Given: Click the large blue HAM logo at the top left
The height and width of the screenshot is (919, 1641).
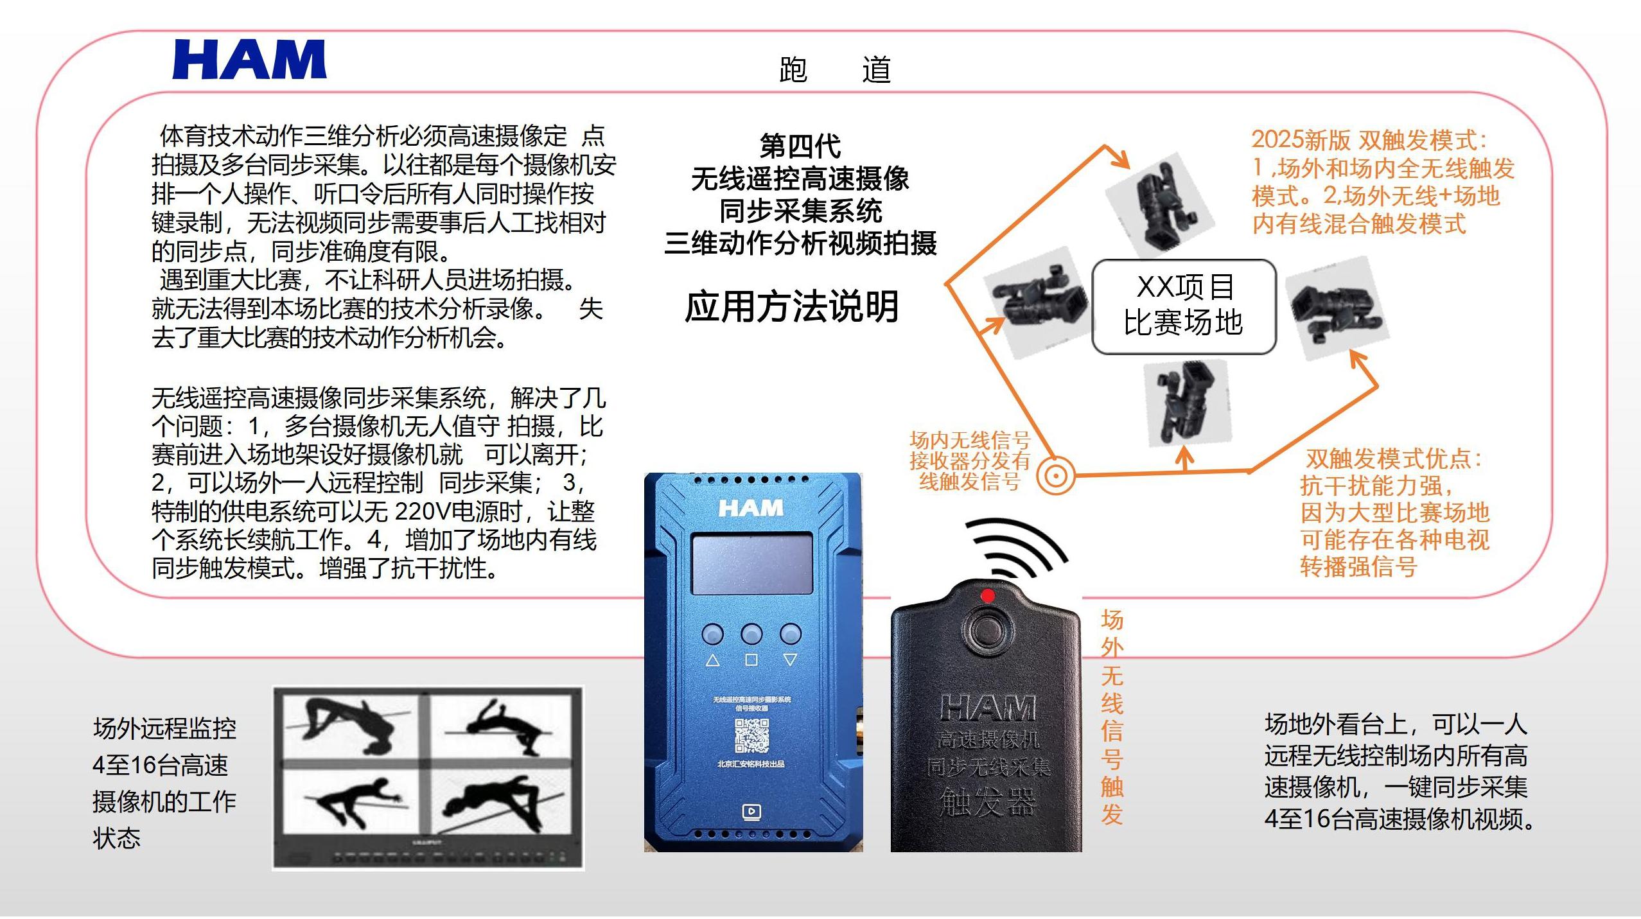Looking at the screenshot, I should coord(249,59).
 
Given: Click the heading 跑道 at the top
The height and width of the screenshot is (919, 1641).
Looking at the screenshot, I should coord(834,70).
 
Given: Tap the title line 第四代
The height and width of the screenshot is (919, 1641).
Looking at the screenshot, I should coord(800,146).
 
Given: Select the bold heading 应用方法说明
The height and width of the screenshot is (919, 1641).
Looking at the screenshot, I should coord(792,306).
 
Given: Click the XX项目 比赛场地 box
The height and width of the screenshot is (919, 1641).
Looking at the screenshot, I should coord(1184,306).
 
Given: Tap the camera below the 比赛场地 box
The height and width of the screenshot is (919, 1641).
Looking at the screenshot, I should coord(1188,401).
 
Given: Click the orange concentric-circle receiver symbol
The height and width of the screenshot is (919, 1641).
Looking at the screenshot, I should coord(1056,476).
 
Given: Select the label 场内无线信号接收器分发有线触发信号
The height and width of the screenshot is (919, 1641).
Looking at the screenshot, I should coord(970,460).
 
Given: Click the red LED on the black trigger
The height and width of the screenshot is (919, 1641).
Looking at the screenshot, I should coord(988,596).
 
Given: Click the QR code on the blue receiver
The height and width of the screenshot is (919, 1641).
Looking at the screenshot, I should coord(751,736).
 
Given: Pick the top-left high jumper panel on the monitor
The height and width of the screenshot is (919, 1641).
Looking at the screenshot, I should coord(350,726).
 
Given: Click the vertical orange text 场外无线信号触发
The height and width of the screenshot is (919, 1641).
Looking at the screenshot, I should coord(1112,716).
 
